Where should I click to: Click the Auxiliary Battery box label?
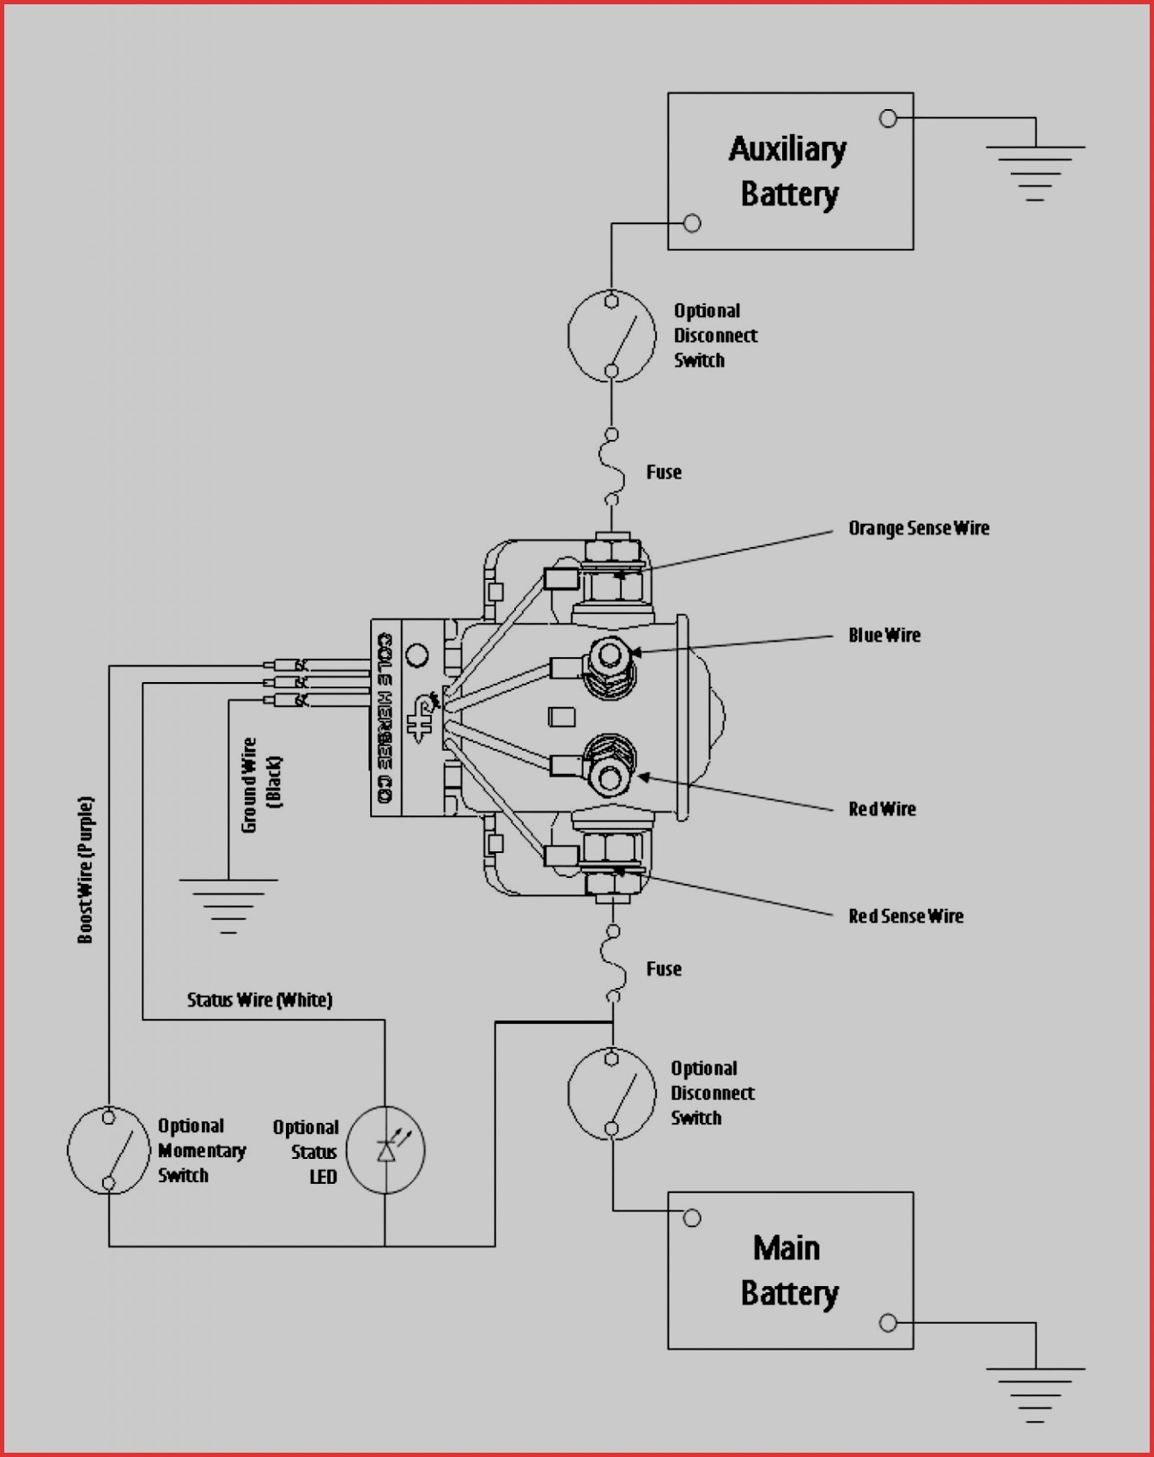point(788,172)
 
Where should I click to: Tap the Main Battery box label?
point(788,1271)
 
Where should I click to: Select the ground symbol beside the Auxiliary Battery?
point(1035,172)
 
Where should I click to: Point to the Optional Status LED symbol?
point(386,1149)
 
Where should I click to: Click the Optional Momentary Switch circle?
point(108,1150)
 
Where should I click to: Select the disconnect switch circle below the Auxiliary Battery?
point(611,336)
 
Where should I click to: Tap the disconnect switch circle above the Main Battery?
point(611,1094)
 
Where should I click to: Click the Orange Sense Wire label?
point(918,528)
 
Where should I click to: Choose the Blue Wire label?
point(884,636)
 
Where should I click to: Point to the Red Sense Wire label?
point(905,917)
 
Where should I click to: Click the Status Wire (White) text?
point(259,1000)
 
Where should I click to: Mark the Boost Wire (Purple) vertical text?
point(86,869)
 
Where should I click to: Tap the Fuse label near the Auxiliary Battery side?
point(664,472)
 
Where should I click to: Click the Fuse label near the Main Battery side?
point(664,969)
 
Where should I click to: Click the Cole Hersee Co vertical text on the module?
point(386,718)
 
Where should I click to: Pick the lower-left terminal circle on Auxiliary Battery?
point(692,223)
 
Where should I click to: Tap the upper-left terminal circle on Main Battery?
point(692,1217)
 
